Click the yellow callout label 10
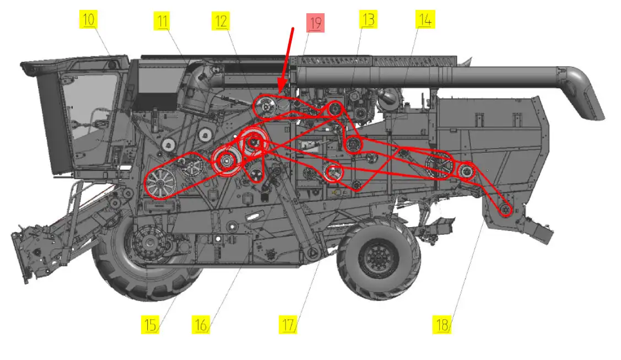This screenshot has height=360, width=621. [88, 20]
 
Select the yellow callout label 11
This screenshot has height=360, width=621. [162, 21]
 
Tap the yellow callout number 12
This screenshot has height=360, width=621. [220, 21]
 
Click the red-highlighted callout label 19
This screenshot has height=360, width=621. [315, 23]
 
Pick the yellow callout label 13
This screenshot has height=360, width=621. [368, 19]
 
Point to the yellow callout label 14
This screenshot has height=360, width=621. [425, 19]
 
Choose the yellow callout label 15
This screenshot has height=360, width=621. [150, 325]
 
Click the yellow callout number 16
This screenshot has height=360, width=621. [201, 325]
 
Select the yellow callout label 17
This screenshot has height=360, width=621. [288, 325]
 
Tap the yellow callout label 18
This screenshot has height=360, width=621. [441, 325]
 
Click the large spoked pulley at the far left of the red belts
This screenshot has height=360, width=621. [160, 183]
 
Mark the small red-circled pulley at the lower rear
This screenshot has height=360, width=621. [505, 209]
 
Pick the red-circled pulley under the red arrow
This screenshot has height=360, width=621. [266, 107]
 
